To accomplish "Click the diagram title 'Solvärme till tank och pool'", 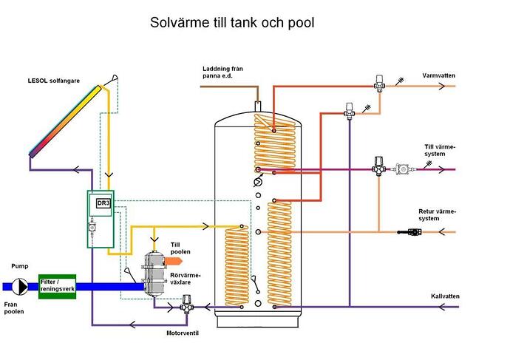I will pyautogui.click(x=232, y=23).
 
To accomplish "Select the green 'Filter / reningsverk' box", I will pyautogui.click(x=58, y=286).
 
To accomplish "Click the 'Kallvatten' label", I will pyautogui.click(x=445, y=296).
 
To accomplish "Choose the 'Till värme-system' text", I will pyautogui.click(x=440, y=151).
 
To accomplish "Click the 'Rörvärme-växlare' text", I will pyautogui.click(x=185, y=282).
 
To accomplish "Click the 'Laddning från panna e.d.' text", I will pyautogui.click(x=222, y=72).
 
